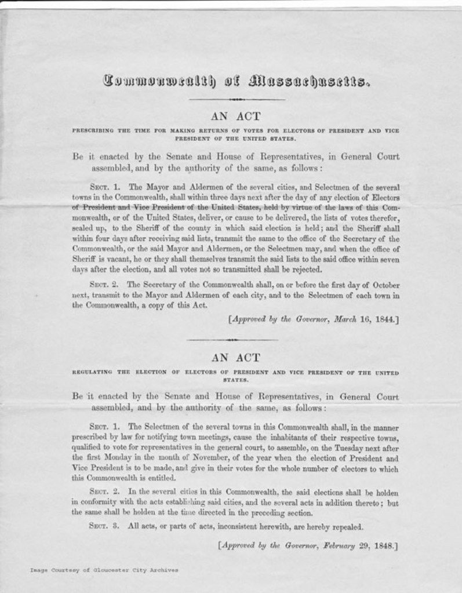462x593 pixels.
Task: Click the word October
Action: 382,285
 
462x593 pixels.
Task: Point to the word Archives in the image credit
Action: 163,570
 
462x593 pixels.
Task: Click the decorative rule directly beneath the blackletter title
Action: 237,99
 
